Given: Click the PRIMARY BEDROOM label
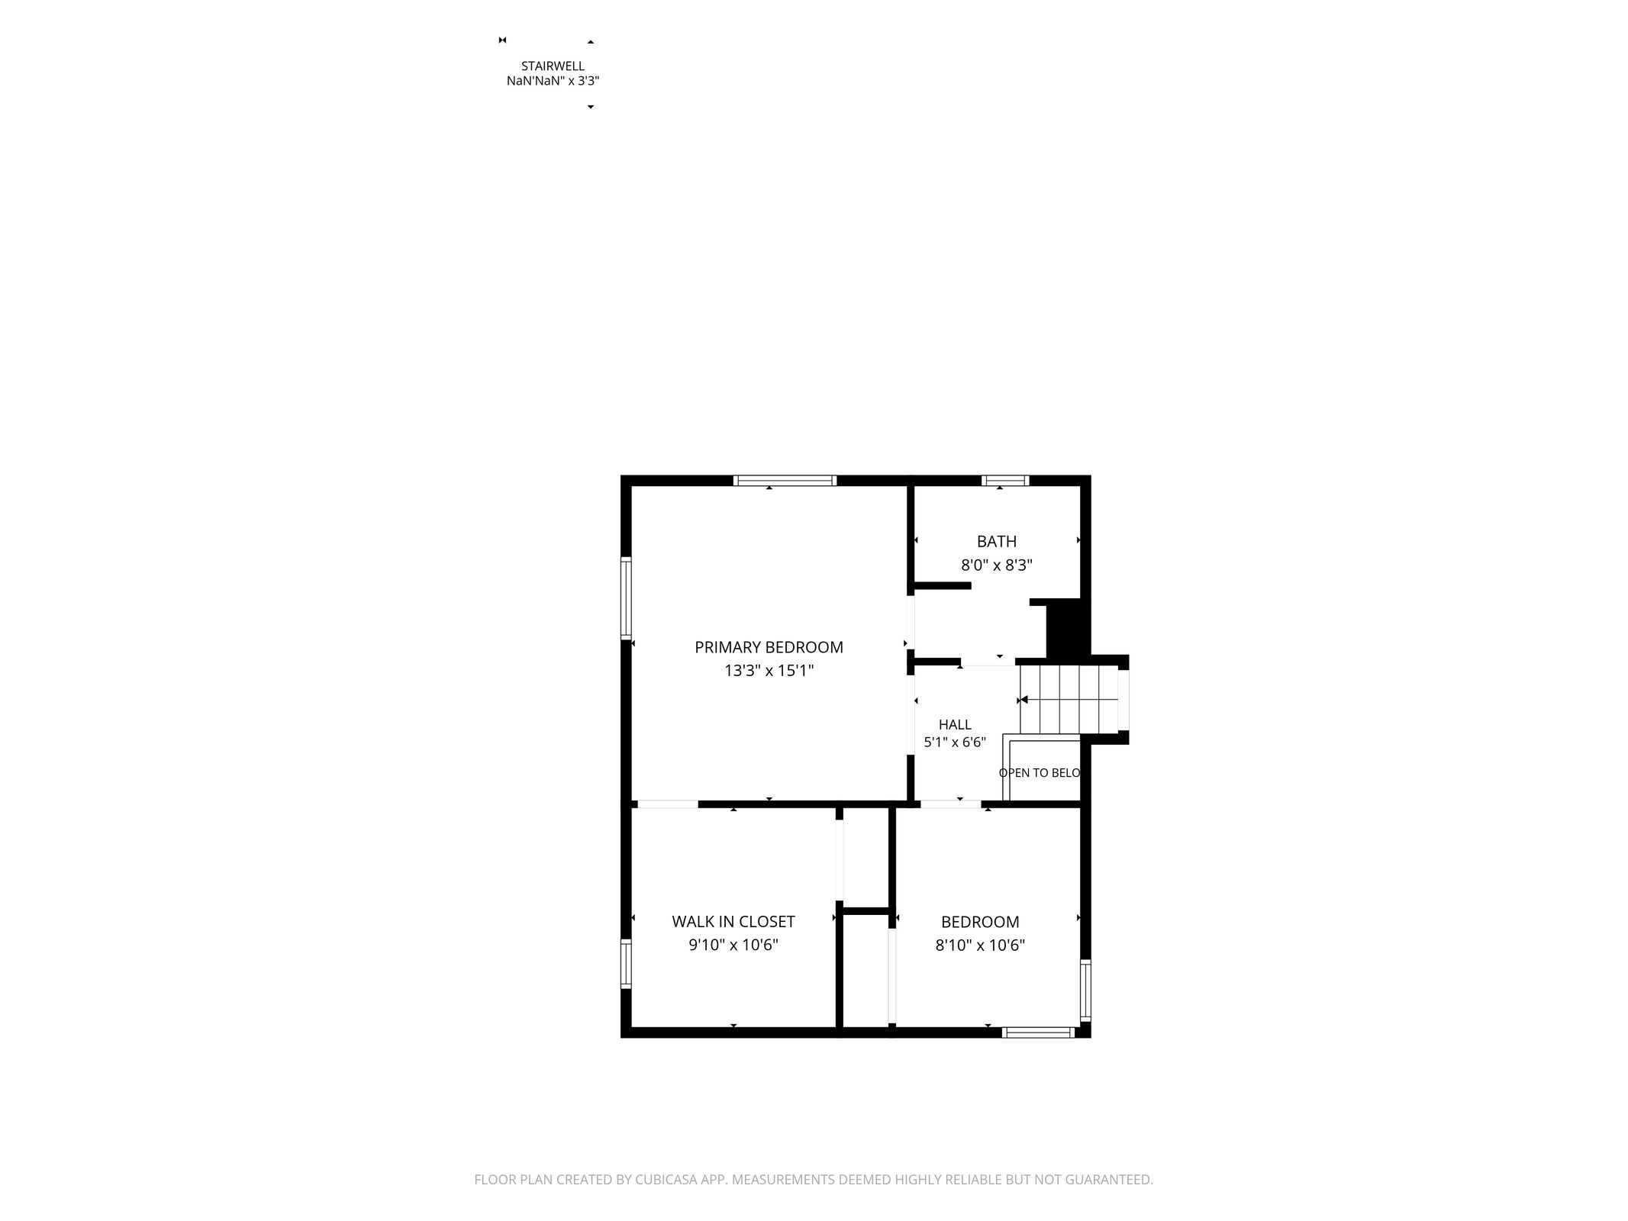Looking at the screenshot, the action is [x=769, y=647].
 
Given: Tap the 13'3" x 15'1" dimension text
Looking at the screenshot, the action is [x=769, y=671].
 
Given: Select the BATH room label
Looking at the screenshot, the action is [x=997, y=542].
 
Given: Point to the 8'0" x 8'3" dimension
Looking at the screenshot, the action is [x=997, y=565].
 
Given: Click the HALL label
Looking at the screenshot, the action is [x=955, y=725].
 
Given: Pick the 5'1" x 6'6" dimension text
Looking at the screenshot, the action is [x=955, y=742].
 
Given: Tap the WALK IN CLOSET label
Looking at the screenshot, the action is [x=733, y=922].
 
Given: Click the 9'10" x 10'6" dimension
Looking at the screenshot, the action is [x=733, y=946].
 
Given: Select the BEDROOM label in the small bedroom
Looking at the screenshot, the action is [x=980, y=922].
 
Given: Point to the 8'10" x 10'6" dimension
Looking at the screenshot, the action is [x=980, y=946].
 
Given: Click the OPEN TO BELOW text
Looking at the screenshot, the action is [x=1040, y=773].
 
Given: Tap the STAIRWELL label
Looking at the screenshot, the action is [x=553, y=66].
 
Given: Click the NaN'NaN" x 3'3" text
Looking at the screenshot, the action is [x=553, y=81].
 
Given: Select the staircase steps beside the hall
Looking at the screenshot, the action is [x=1069, y=700].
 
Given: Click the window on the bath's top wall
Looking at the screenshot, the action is [x=1005, y=481].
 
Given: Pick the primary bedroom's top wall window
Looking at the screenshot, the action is [x=785, y=481].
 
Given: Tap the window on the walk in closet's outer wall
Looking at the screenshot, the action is [x=626, y=965].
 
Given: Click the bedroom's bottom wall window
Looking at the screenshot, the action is [x=1038, y=1033].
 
